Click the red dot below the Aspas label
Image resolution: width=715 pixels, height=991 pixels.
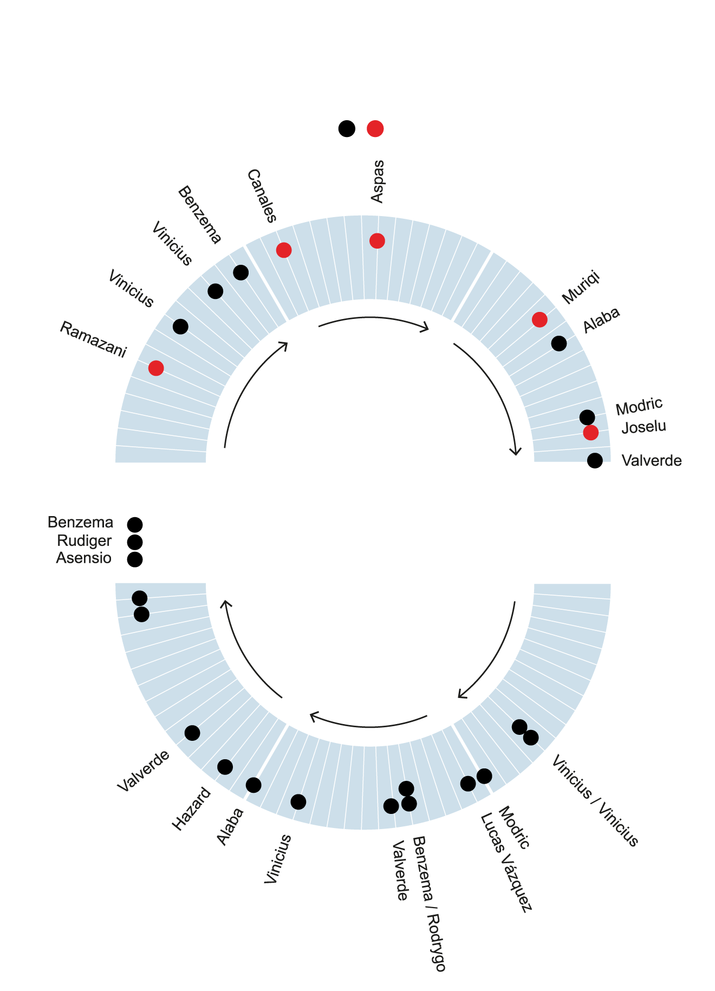coord(377,240)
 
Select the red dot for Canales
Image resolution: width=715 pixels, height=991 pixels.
coord(284,250)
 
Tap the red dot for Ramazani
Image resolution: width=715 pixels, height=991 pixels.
coord(156,368)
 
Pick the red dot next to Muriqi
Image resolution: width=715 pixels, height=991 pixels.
coord(539,320)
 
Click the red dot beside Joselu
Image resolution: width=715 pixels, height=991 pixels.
coord(591,433)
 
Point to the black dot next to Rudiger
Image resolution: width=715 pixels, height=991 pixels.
coord(134,542)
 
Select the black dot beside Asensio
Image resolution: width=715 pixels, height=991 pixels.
coord(134,559)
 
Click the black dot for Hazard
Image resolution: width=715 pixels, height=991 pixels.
coord(225,767)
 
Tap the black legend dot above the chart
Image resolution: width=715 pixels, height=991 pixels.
coord(347,129)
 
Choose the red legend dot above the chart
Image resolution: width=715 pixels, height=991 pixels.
coord(375,129)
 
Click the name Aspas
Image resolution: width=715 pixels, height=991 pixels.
coord(378,181)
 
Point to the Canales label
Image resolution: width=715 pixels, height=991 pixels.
coord(262,196)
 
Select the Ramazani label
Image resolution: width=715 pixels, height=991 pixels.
coord(93,340)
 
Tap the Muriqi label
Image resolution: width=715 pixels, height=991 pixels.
coord(581,288)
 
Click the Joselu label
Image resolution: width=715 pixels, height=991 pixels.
coord(643,427)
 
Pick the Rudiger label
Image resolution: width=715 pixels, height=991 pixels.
coord(84,541)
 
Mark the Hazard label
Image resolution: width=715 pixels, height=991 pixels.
coord(191,809)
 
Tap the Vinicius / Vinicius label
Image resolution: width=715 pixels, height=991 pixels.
coord(595,800)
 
